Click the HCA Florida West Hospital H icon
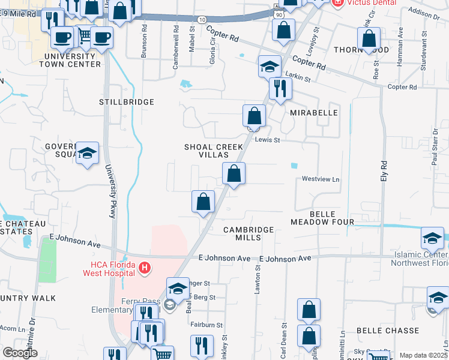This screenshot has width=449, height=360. pyautogui.click(x=144, y=268)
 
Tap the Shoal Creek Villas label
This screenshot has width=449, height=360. pyautogui.click(x=214, y=151)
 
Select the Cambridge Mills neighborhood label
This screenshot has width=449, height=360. pyautogui.click(x=249, y=233)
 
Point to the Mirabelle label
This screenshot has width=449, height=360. pyautogui.click(x=313, y=113)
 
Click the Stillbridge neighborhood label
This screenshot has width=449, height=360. pyautogui.click(x=127, y=103)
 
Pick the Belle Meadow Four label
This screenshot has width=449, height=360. pyautogui.click(x=322, y=218)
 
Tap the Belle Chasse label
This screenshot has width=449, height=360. pyautogui.click(x=396, y=331)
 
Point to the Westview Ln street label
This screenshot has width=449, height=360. pyautogui.click(x=320, y=179)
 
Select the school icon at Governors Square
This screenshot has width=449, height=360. pyautogui.click(x=87, y=154)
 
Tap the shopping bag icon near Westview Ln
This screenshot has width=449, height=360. pyautogui.click(x=234, y=174)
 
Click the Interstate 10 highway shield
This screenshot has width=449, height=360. pyautogui.click(x=202, y=20)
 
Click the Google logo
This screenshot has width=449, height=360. pyautogui.click(x=20, y=353)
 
